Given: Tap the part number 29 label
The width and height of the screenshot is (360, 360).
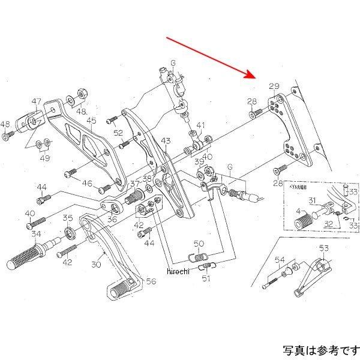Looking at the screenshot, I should point(274,87).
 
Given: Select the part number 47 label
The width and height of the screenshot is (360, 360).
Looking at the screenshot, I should point(37,101).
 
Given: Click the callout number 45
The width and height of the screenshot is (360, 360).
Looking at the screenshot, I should point(91,121).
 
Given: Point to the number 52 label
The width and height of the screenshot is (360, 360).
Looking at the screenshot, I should point(118,133).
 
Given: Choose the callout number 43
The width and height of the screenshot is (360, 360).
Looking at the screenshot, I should point(166,141).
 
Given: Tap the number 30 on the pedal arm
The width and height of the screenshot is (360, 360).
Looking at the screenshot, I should point(95,263).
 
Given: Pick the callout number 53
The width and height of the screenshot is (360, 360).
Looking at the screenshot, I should point(324,248).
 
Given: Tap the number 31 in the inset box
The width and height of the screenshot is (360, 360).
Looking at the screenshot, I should point(313,201).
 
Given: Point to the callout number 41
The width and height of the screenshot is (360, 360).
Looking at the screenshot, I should point(200,126).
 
